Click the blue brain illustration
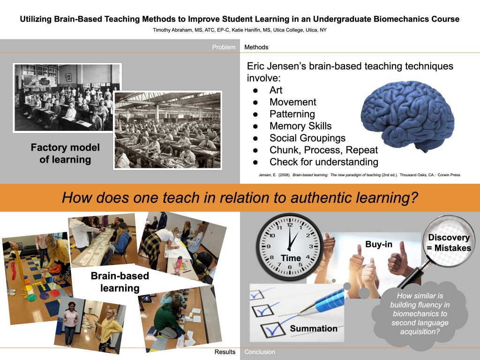click(407, 116)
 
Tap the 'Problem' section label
click(224, 47)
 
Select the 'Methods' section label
click(256, 47)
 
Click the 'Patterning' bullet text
click(292, 114)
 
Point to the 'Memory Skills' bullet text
click(300, 126)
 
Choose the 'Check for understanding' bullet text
click(323, 162)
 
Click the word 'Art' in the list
click(276, 90)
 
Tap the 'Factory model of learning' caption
click(65, 153)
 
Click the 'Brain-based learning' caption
click(120, 282)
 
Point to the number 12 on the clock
click(290, 225)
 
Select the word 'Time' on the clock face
click(291, 258)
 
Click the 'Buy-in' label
click(379, 244)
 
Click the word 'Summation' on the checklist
click(314, 329)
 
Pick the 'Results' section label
click(225, 352)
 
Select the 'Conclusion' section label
click(260, 352)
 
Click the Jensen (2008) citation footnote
click(360, 175)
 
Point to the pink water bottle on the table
click(178, 264)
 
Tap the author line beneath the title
click(240, 30)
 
